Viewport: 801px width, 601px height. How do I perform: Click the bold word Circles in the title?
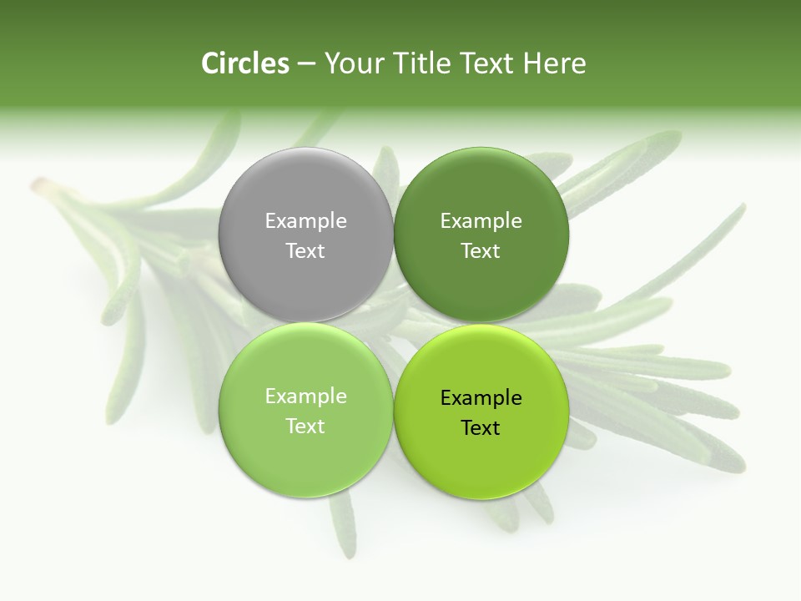[x=244, y=63]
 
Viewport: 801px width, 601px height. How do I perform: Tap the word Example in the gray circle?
[x=305, y=221]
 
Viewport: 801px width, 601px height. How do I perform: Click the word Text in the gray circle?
[x=305, y=251]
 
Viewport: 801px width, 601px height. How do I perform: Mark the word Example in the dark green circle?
[x=481, y=221]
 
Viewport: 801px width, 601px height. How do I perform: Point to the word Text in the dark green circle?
[x=481, y=251]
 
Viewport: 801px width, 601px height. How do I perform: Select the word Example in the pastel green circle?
[x=305, y=396]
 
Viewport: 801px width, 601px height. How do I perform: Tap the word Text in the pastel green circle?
[x=305, y=427]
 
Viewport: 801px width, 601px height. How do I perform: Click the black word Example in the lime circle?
[x=481, y=398]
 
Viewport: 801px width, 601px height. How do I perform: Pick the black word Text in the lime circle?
[x=481, y=428]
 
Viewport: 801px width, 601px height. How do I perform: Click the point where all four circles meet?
[x=393, y=322]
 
